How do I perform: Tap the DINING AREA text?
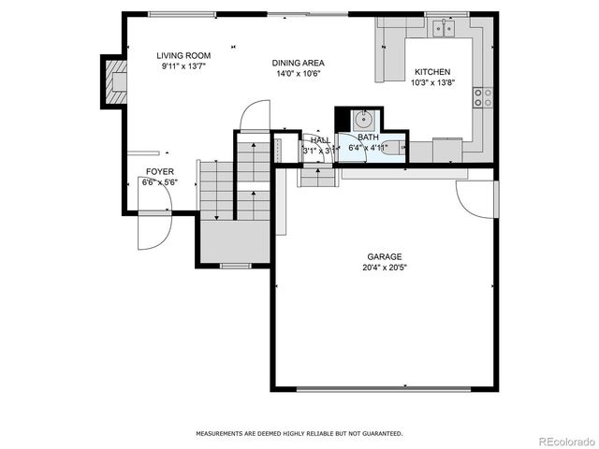point(298,63)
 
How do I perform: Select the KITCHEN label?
point(431,72)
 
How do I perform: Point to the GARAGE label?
point(384,256)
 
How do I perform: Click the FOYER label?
point(159,171)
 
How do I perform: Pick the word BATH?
point(368,137)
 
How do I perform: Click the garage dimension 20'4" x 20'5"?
point(384,267)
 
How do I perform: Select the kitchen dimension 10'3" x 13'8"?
point(431,82)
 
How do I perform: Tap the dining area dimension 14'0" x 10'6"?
point(298,73)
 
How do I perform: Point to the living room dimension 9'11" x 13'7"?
point(184,66)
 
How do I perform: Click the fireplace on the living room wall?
point(115,81)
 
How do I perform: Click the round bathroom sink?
point(363,119)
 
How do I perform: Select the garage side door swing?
point(475,197)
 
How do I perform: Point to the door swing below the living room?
point(254,118)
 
